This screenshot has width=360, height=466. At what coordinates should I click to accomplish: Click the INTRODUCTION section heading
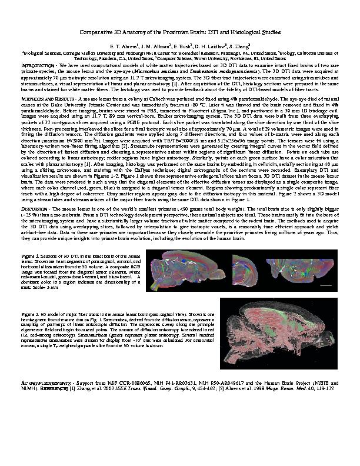coord(37,66)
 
